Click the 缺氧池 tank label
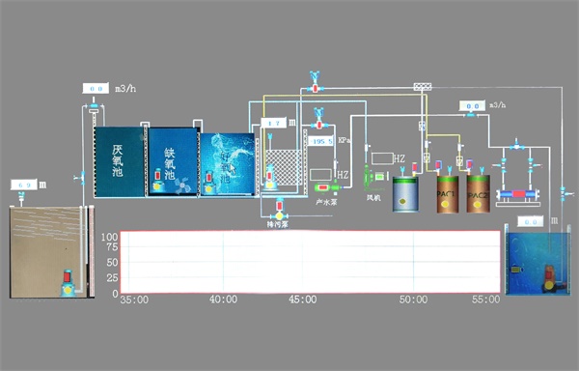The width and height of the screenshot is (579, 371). click(171, 163)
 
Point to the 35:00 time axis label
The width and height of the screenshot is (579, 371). click(133, 300)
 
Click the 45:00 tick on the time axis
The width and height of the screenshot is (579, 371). click(302, 300)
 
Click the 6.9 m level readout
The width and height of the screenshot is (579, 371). click(26, 184)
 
